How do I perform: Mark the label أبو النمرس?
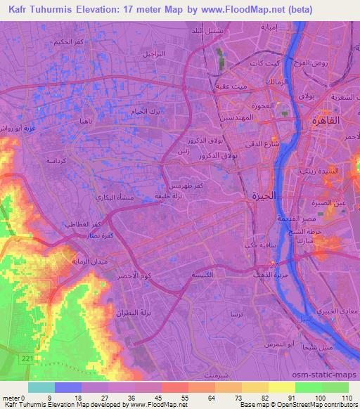click(x=281, y=343)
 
